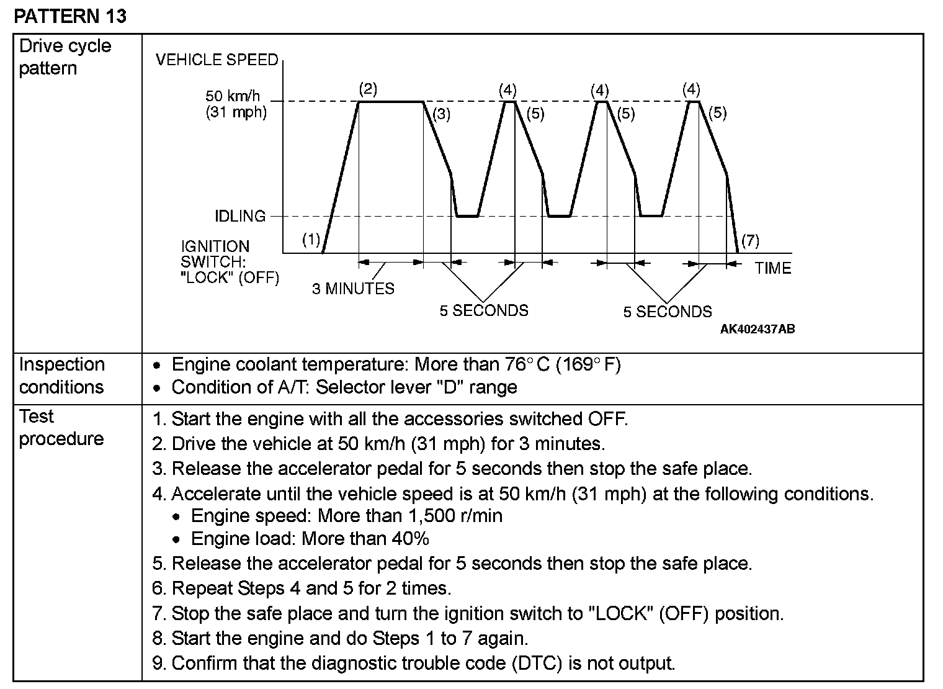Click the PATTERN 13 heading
[70, 16]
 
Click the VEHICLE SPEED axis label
[217, 60]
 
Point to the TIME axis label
[773, 268]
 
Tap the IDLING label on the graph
[240, 216]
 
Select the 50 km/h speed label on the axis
[233, 96]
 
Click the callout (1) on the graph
[311, 240]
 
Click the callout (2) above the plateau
[368, 89]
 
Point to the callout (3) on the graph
[441, 114]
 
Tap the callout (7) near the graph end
[750, 240]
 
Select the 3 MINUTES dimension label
[353, 289]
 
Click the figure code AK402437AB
[757, 329]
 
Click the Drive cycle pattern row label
[65, 56]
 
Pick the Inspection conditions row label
[61, 376]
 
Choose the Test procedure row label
[61, 427]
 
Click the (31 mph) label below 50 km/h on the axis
[236, 112]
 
